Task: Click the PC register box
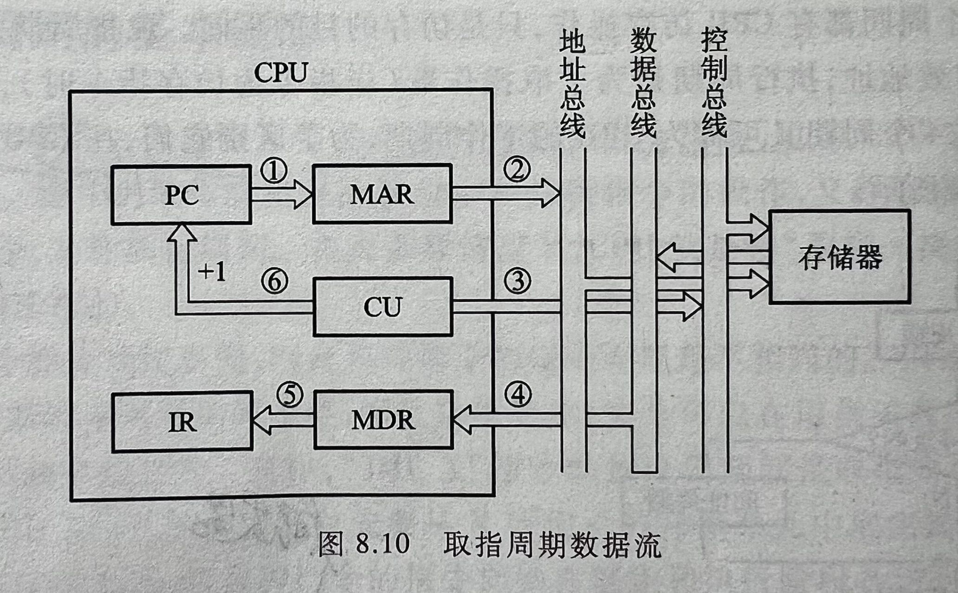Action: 181,195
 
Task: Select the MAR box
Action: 382,194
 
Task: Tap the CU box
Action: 382,307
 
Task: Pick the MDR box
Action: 383,420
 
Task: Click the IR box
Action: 182,422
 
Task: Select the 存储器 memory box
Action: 840,257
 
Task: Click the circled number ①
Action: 274,170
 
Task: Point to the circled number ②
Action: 517,169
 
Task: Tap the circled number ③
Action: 517,281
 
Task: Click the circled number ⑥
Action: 274,281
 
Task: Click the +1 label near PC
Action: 212,272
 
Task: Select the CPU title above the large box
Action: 281,72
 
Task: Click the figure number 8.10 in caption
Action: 383,543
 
